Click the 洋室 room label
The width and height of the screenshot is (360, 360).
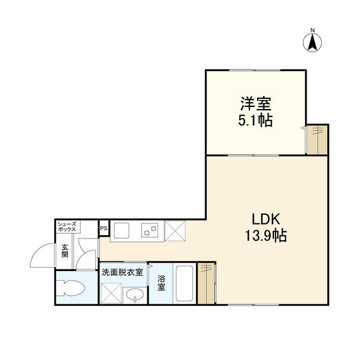pyautogui.click(x=256, y=104)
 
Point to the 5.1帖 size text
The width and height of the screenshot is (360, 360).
pyautogui.click(x=256, y=120)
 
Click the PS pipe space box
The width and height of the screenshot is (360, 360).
pyautogui.click(x=103, y=228)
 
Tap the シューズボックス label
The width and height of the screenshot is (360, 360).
pyautogui.click(x=68, y=227)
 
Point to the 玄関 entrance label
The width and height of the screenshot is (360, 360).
pyautogui.click(x=65, y=250)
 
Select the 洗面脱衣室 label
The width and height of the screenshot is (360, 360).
pyautogui.click(x=122, y=272)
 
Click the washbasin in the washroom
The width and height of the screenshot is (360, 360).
pyautogui.click(x=134, y=294)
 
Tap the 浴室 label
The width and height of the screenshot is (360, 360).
pyautogui.click(x=161, y=283)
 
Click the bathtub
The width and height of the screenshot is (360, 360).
pyautogui.click(x=184, y=283)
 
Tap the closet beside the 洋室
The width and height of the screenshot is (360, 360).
pyautogui.click(x=317, y=139)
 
